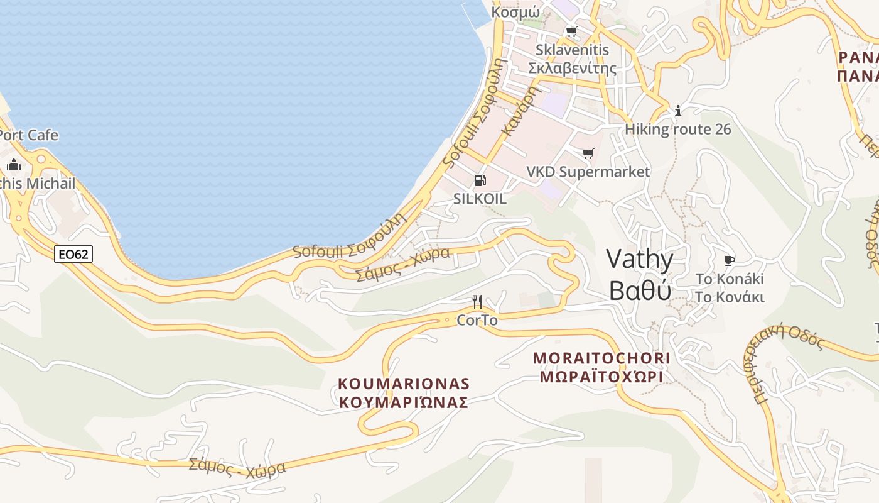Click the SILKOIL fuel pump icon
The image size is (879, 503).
pos(480,181)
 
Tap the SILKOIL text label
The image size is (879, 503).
pos(480,199)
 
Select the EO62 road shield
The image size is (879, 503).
pos(73,254)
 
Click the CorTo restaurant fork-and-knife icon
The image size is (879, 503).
pos(477,302)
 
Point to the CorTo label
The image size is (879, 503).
pos(477,320)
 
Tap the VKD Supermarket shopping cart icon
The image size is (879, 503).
pos(588,153)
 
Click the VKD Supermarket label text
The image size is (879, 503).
pos(588,171)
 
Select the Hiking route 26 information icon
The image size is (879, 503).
pos(677,111)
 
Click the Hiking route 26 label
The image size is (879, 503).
pos(678,130)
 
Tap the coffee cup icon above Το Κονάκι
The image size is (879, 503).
pos(729,260)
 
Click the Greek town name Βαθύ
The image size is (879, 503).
pos(640,290)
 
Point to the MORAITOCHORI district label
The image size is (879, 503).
pos(601,358)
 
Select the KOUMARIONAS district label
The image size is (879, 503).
pos(404,384)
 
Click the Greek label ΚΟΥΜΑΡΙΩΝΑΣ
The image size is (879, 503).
pos(404,402)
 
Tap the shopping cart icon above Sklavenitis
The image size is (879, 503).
pos(571,31)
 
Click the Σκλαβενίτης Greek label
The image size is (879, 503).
pos(572,68)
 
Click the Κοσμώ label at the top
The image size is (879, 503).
pos(515,12)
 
